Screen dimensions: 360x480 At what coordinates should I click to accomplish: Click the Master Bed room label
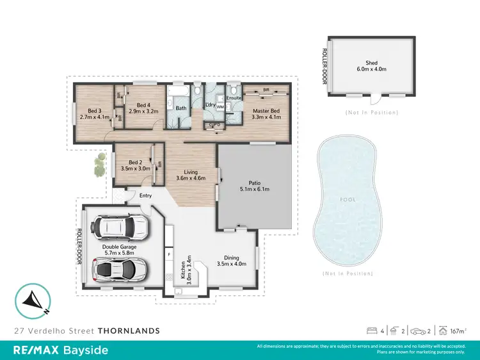pos(266,111)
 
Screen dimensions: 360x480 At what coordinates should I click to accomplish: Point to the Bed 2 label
pos(134,163)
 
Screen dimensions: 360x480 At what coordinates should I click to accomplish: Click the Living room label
pos(191,172)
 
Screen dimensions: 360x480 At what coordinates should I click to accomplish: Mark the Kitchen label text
pos(184,273)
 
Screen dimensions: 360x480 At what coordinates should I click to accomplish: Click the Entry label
pos(145,195)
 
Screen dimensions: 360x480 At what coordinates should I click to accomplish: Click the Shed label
pos(372,63)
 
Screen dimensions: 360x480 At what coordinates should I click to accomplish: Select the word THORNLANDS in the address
pos(129,331)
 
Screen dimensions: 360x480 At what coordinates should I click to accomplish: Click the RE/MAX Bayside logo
pos(61,350)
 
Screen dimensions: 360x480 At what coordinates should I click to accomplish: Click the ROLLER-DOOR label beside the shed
pos(324,66)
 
